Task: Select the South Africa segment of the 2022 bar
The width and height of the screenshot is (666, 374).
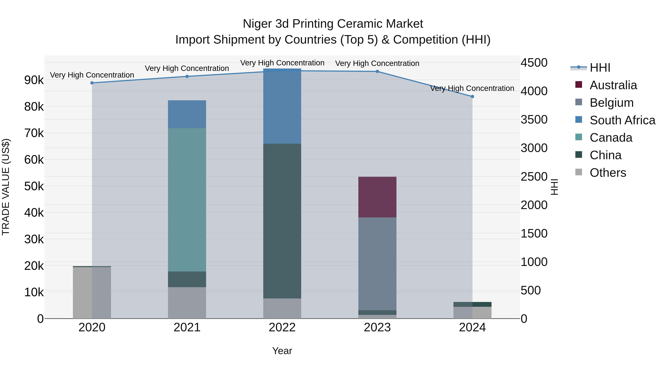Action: pyautogui.click(x=282, y=106)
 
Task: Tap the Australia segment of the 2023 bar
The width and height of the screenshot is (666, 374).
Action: pyautogui.click(x=377, y=197)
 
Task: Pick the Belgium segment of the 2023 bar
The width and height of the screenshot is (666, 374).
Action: pyautogui.click(x=377, y=264)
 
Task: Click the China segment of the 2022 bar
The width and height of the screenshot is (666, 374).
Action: pyautogui.click(x=282, y=221)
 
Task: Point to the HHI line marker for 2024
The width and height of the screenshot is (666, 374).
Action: pyautogui.click(x=472, y=97)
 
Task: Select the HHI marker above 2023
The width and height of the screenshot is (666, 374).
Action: pyautogui.click(x=377, y=71)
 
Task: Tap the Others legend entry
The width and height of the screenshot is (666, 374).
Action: pyautogui.click(x=608, y=173)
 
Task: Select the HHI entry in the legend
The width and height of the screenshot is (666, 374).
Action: pyautogui.click(x=600, y=68)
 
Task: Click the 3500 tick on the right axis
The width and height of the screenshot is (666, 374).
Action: pyautogui.click(x=534, y=119)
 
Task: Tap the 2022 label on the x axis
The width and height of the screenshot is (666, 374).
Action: pyautogui.click(x=282, y=327)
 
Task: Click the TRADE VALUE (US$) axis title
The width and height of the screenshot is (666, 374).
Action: pyautogui.click(x=6, y=187)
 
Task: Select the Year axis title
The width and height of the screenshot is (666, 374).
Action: pyautogui.click(x=282, y=351)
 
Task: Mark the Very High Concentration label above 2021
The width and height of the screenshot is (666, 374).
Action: pyautogui.click(x=187, y=68)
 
